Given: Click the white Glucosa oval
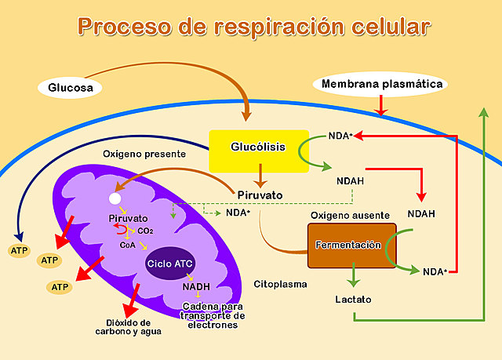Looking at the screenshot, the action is coord(70,87).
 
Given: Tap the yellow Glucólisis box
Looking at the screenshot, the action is coord(259,151).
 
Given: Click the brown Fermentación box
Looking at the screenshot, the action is coord(352,245).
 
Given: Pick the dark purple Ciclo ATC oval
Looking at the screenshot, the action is coord(170,264).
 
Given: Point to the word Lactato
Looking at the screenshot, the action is coord(354,300).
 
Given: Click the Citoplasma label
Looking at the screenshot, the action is coord(280,284).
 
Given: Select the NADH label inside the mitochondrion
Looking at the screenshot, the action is coord(196,287).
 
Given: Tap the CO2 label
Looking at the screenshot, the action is coord(145,231).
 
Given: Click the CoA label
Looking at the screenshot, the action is coord(127,245).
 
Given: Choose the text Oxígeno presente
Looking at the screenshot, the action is coord(144,154).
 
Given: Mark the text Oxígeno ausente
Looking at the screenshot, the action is coord(351,216).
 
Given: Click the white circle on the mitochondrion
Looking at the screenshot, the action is coord(115,198).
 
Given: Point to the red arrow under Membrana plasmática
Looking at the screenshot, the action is coord(381,105).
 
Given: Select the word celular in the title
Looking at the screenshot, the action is coord(391,27).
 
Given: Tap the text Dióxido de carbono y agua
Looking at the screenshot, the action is coord(128,327).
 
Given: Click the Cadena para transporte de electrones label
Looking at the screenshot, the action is coord(213,315).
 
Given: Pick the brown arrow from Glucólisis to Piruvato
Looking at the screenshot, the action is coord(260,176).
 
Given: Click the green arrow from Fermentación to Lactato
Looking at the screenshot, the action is coord(354,275).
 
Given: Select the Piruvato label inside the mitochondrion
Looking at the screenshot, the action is coord(128,219).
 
